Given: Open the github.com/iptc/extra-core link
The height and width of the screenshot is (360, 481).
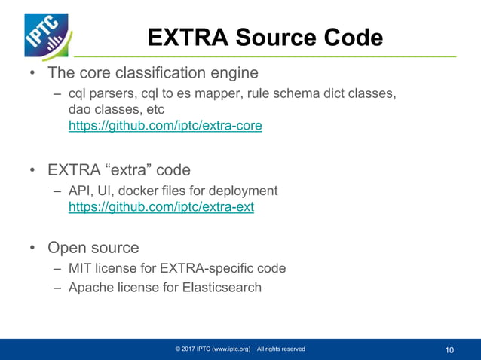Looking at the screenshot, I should point(165,126).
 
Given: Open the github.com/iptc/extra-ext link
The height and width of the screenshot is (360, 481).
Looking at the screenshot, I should point(161,206).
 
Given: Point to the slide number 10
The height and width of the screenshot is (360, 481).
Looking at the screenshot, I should point(450,349).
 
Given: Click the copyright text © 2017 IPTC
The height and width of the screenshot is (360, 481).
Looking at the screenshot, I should point(212,349).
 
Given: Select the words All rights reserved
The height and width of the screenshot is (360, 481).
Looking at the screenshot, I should point(280,349).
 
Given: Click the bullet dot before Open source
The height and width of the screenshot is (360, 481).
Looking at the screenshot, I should point(32,248).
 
